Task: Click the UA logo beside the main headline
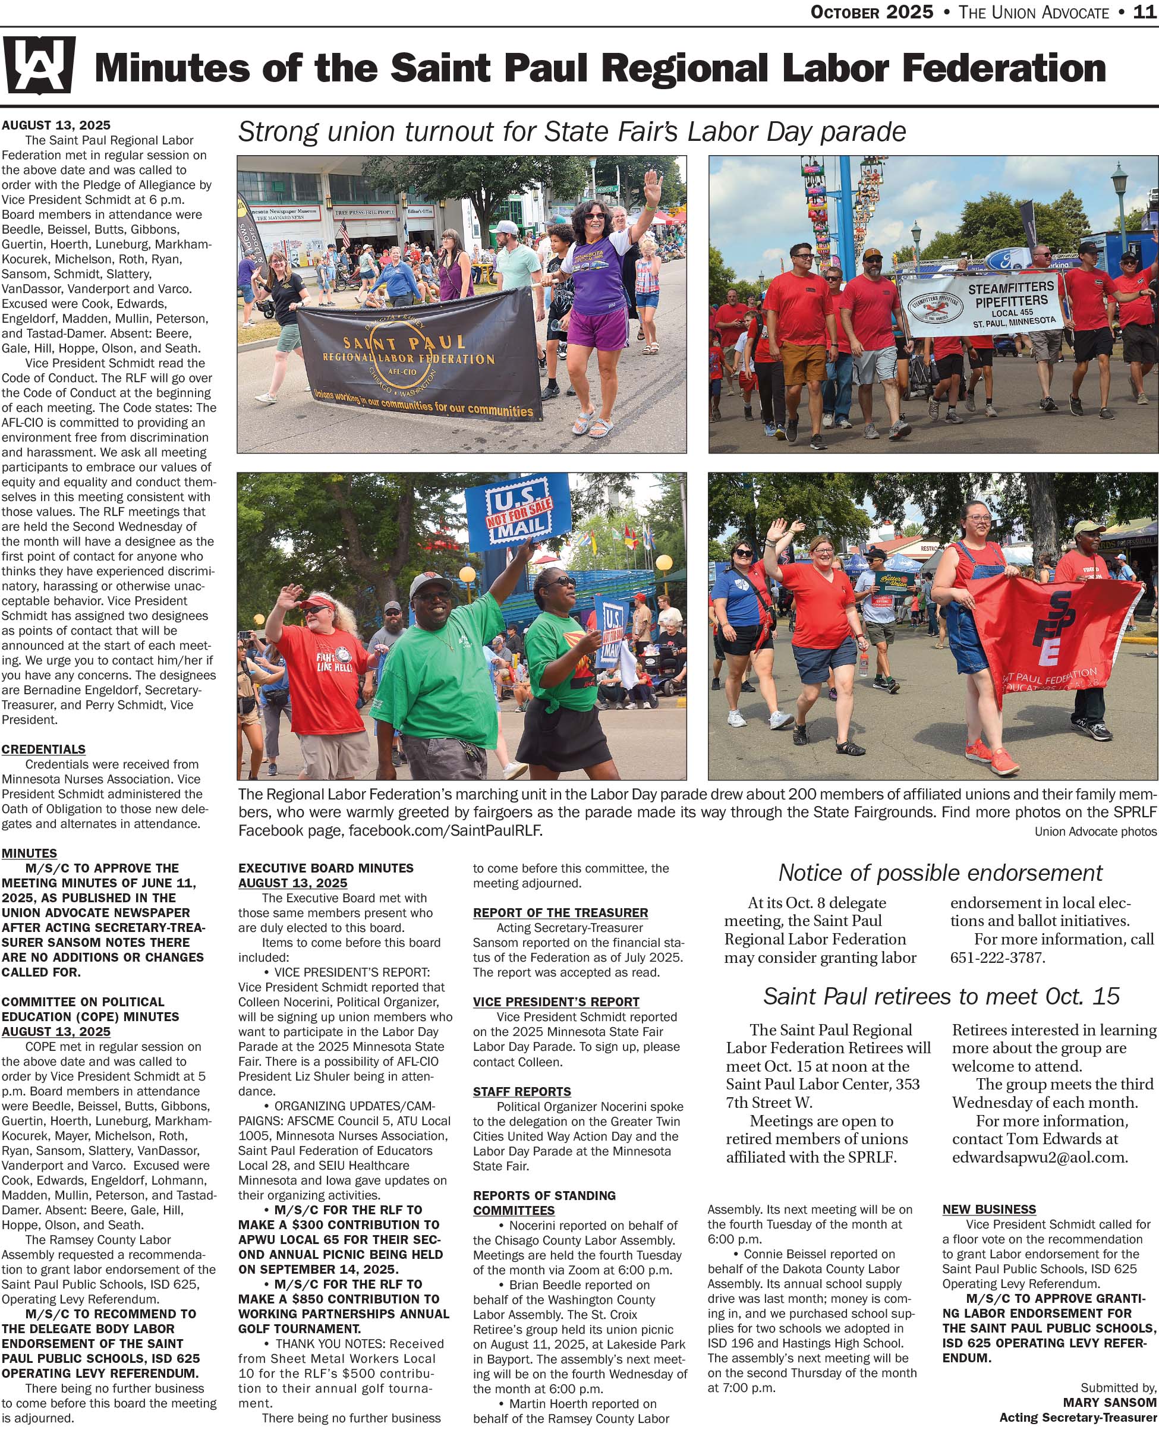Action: coord(39,65)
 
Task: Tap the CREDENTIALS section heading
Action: coord(43,749)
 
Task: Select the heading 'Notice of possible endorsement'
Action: coord(940,873)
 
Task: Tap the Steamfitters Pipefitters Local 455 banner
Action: coord(982,304)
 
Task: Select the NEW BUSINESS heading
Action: coord(989,1209)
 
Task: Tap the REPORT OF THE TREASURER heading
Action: coord(560,912)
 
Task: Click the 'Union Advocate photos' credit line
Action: coord(1095,831)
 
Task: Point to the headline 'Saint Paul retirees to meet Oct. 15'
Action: coord(941,996)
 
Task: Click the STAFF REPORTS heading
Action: coord(522,1091)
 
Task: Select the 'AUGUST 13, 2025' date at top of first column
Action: coord(56,125)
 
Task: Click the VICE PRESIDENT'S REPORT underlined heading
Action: coord(556,1002)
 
